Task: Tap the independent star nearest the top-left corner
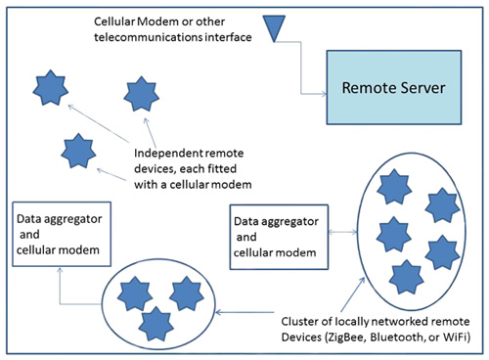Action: tap(49, 90)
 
